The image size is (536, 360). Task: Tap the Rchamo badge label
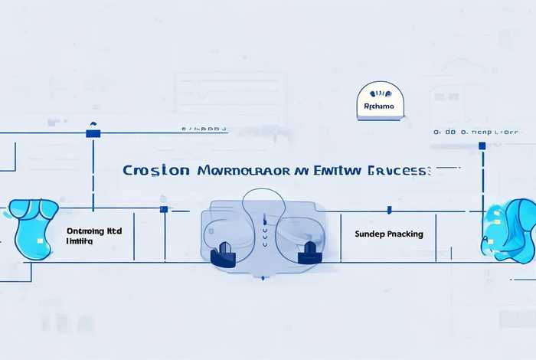point(379,106)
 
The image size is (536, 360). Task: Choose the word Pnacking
point(406,234)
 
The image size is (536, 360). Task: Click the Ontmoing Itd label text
point(94,230)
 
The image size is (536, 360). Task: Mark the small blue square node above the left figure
point(93,133)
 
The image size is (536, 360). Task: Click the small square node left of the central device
point(163,209)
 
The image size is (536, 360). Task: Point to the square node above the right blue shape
point(482,145)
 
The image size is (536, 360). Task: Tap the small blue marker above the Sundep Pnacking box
point(390,209)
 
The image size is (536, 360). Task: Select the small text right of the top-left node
point(204,129)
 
